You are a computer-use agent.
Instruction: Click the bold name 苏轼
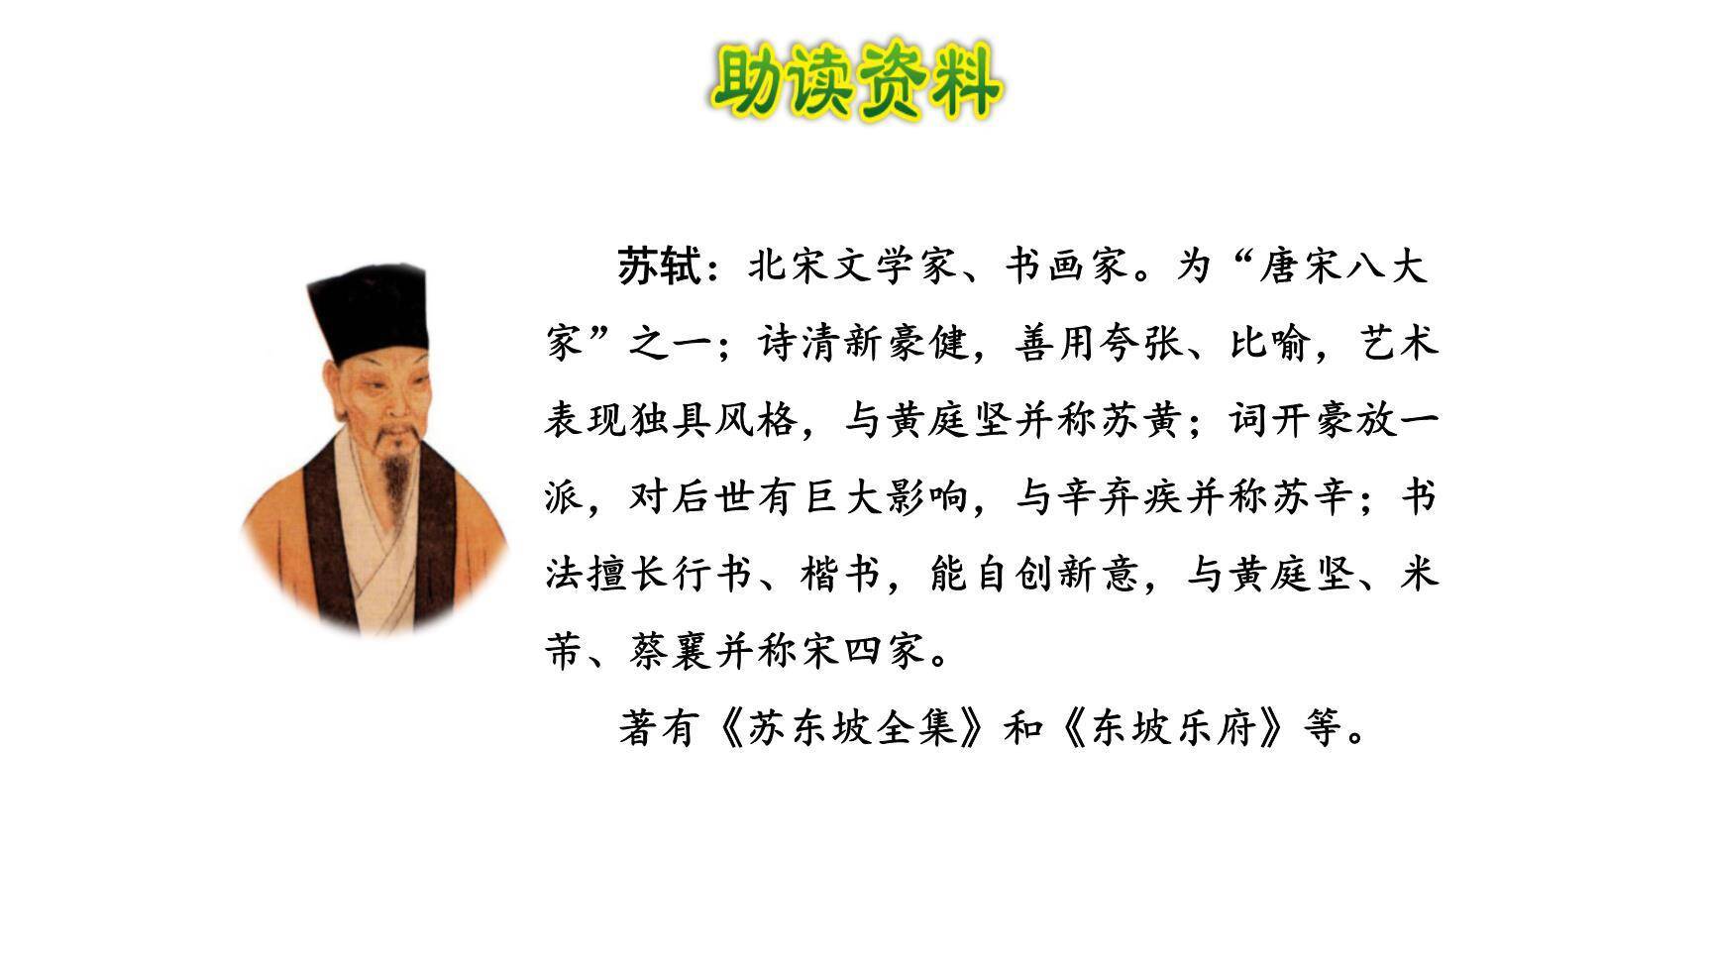659,267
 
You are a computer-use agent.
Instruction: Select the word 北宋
790,267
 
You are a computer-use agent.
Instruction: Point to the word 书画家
1067,267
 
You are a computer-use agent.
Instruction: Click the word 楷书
841,575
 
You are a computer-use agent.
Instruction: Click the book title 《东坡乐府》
1173,729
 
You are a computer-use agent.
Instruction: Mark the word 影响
926,497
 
